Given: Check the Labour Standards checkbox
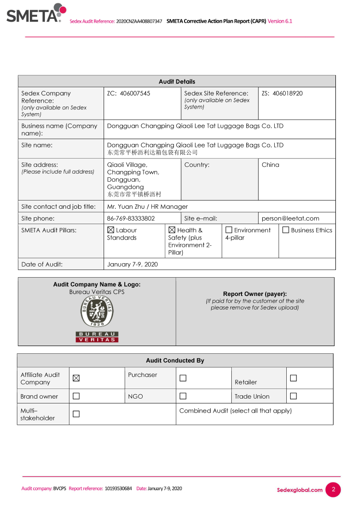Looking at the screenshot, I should point(111,230).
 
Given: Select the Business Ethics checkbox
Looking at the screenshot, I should point(286,230).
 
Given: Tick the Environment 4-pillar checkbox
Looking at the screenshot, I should point(229,230).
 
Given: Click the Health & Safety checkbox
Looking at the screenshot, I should point(172,230).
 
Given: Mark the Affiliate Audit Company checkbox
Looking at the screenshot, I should point(76,378).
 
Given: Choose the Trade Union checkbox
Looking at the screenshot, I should point(293,396).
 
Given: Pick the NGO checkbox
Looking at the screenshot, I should point(183,396).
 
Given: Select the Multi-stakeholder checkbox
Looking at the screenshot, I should point(76,414).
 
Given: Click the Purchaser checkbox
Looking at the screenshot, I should point(183,378).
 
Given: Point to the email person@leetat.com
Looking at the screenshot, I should point(290,218).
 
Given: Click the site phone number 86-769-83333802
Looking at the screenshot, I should point(131,218).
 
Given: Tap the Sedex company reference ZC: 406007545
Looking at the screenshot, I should point(128,94).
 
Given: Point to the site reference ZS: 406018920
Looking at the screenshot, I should point(282,94).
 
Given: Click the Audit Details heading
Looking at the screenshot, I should point(177,81).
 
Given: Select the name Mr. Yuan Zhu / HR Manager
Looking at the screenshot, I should point(147,206).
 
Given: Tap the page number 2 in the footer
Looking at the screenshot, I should point(333,490).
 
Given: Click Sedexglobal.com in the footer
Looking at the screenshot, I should point(299,490).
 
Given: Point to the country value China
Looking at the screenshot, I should point(270,165).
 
